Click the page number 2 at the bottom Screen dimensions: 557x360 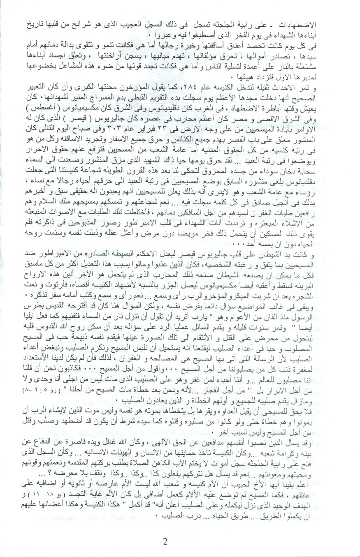165,541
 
